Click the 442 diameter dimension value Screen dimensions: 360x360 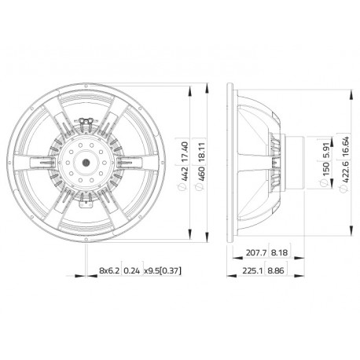[x=184, y=173]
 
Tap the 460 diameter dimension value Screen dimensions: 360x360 [x=201, y=173]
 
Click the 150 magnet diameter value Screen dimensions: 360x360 [x=325, y=170]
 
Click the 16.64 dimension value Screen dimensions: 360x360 [x=345, y=148]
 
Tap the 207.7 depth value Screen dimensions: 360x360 [x=256, y=253]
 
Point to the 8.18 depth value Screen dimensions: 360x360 [x=279, y=253]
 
